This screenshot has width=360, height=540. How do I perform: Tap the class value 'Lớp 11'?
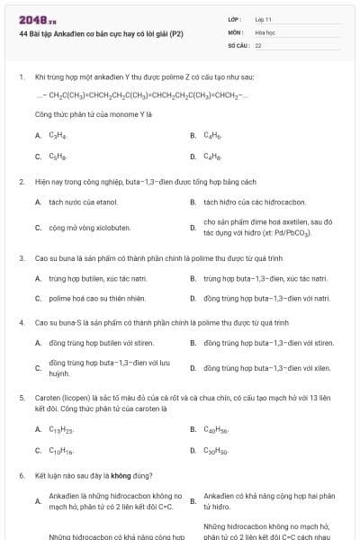point(264,19)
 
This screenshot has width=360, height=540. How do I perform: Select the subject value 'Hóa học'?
point(265,31)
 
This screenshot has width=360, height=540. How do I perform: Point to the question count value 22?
point(258,44)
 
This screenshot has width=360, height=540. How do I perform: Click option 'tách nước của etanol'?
point(84,202)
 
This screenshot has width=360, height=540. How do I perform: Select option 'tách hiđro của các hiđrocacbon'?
point(255,202)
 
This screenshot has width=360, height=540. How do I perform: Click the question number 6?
point(21,474)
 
